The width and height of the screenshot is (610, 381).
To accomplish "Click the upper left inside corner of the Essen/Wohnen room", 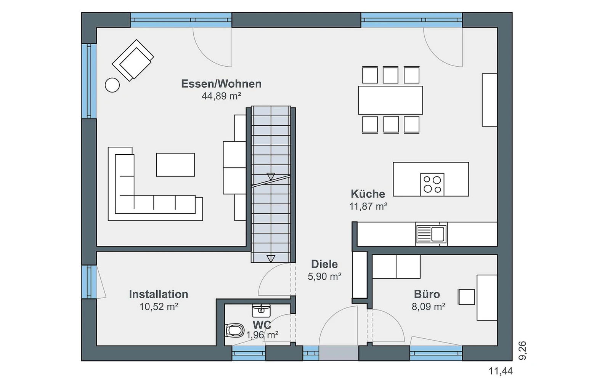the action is (97, 28).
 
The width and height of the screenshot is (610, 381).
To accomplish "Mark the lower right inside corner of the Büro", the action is (497, 346).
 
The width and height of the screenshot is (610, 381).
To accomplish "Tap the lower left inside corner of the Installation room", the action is (97, 346).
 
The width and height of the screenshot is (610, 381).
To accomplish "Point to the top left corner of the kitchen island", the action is (393, 162).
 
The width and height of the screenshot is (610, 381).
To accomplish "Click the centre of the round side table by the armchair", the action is (112, 85).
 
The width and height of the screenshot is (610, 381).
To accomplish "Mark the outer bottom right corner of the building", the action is (512, 361).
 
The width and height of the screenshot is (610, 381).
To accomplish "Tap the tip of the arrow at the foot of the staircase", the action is (271, 262).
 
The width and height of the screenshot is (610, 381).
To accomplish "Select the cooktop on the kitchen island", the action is (432, 184).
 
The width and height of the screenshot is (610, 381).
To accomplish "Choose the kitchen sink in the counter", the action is (431, 234).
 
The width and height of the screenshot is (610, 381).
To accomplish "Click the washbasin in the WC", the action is (261, 311).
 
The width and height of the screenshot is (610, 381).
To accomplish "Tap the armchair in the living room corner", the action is (133, 60).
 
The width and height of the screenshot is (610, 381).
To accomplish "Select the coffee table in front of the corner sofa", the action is (175, 165).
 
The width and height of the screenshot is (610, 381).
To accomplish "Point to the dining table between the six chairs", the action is (390, 100).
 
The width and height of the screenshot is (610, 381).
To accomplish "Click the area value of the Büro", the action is (429, 307).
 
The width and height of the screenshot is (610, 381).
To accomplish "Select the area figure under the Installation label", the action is (159, 307).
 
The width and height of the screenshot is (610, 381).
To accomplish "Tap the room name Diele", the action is (324, 264).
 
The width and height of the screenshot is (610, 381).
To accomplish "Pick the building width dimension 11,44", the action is (501, 371).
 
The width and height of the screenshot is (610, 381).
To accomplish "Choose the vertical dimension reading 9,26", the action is (522, 351).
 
